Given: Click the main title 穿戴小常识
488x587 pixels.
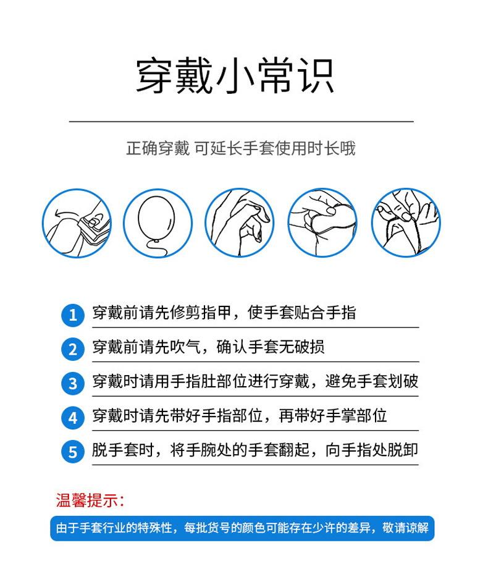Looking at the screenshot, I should [235, 77].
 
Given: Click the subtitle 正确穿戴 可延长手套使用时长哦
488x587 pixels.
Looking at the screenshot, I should [241, 149].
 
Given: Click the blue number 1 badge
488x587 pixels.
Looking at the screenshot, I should [72, 315].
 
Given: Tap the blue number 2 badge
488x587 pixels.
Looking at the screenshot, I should [72, 349].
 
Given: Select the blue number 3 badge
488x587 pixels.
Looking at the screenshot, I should [72, 384].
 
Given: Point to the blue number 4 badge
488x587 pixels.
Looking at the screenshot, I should [72, 418].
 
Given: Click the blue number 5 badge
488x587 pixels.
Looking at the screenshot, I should [72, 452].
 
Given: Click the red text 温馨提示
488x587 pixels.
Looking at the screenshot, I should [90, 499].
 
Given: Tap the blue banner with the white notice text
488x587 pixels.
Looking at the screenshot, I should [242, 528].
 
